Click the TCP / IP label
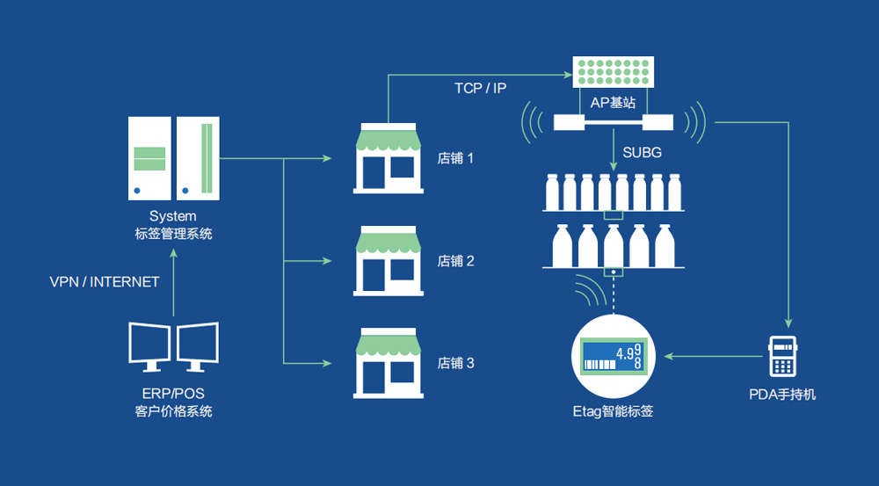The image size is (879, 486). [480, 88]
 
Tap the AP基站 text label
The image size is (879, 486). [613, 102]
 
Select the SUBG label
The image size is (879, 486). [642, 152]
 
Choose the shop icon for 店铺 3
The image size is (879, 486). [388, 362]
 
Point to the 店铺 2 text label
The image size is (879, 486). [455, 261]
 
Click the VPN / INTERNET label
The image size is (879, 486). [105, 282]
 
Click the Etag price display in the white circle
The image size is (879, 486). [613, 356]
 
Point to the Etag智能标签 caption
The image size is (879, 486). [613, 410]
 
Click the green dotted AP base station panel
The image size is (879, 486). [613, 71]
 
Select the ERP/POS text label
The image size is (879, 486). [171, 393]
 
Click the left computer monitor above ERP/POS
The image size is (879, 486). [149, 345]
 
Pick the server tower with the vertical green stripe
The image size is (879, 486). [198, 157]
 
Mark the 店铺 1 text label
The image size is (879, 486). [455, 159]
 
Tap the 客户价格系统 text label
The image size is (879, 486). [171, 411]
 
